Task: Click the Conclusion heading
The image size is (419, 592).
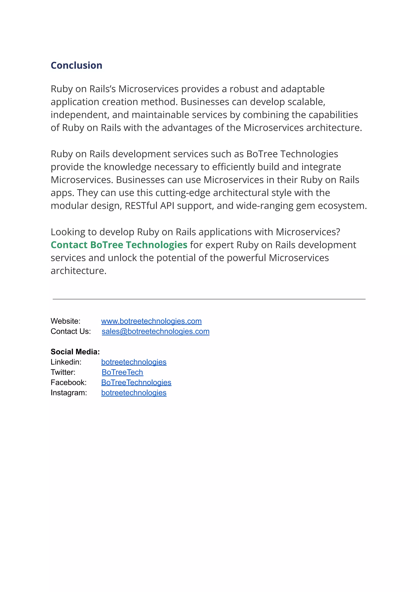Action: (76, 65)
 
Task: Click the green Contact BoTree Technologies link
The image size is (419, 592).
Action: (119, 245)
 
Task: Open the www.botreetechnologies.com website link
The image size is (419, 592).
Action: (151, 321)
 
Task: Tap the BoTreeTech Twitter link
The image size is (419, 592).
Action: (122, 372)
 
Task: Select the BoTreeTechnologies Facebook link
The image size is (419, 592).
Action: (136, 382)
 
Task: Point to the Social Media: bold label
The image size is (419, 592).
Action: (75, 352)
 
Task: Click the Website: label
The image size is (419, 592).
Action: (65, 321)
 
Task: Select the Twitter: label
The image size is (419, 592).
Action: (63, 372)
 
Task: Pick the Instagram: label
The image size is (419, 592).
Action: (69, 393)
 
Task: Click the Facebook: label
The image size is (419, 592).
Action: (68, 382)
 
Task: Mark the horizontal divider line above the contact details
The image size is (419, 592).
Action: (209, 299)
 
